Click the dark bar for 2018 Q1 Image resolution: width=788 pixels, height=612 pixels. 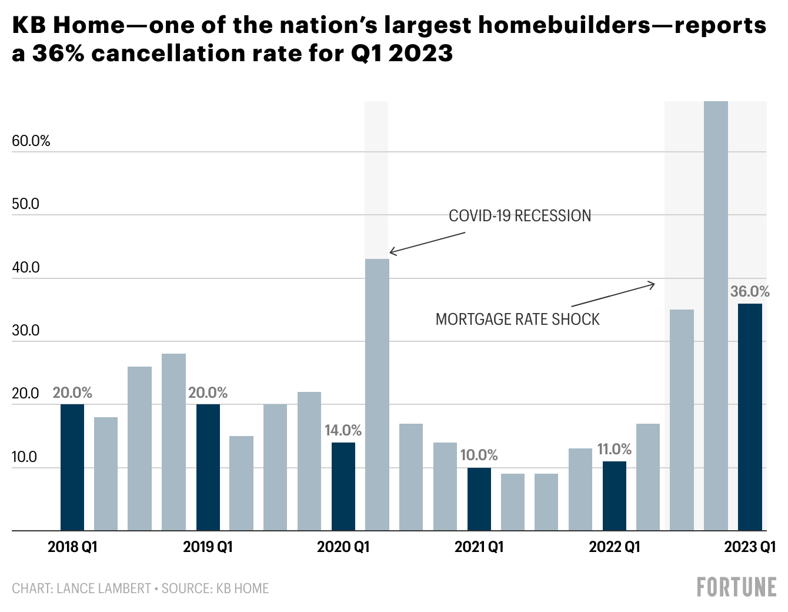tap(72, 467)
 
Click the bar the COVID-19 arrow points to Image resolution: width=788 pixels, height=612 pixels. tap(377, 394)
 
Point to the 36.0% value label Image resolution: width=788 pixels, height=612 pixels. tap(750, 291)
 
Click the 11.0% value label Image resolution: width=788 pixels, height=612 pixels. tap(614, 450)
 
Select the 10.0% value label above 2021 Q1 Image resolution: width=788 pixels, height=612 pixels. tap(479, 455)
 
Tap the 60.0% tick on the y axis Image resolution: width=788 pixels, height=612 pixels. tap(31, 141)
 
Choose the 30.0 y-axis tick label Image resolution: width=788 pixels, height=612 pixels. tap(26, 331)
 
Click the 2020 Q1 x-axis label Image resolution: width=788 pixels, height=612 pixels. tap(343, 547)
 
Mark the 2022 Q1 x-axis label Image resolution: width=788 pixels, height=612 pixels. tap(614, 547)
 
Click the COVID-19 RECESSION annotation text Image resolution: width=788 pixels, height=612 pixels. tap(520, 216)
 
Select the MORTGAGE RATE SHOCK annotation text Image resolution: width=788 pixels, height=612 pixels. tap(517, 320)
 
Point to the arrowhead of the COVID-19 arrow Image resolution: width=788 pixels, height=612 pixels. tap(391, 253)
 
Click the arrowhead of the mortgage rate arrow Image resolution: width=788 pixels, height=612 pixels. tap(653, 285)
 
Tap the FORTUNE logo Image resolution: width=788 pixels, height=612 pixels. tap(736, 587)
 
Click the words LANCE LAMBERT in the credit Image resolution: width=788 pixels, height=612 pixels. tap(103, 588)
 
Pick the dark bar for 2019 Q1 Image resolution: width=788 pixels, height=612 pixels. tap(208, 467)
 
